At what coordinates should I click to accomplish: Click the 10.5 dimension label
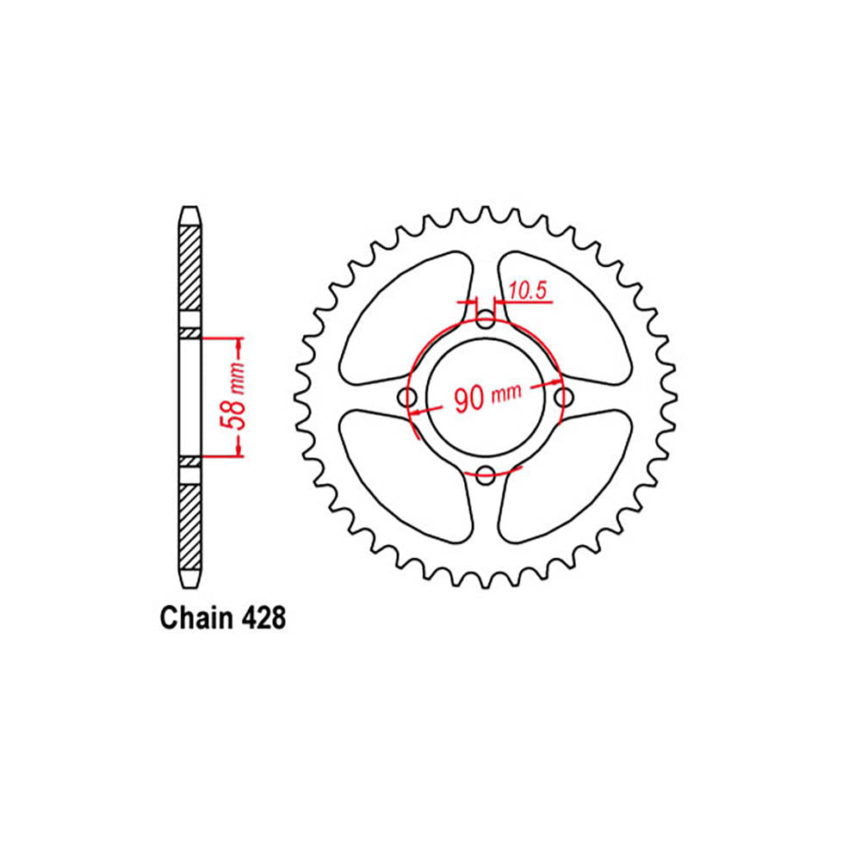click(528, 292)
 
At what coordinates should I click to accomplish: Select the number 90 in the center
click(469, 398)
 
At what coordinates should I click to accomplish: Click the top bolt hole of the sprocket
click(486, 323)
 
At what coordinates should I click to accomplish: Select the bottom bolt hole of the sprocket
click(486, 473)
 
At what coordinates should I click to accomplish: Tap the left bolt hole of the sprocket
click(409, 398)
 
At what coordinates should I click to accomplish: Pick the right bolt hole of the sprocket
click(564, 398)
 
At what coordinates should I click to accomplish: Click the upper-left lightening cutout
click(405, 319)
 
